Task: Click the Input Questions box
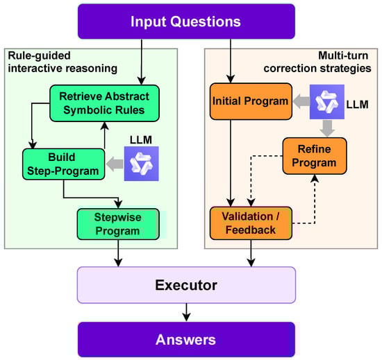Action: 186,21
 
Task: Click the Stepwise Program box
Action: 122,224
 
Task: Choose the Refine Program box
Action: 310,156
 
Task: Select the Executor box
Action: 186,285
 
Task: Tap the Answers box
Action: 186,339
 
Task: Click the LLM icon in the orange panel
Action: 325,102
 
